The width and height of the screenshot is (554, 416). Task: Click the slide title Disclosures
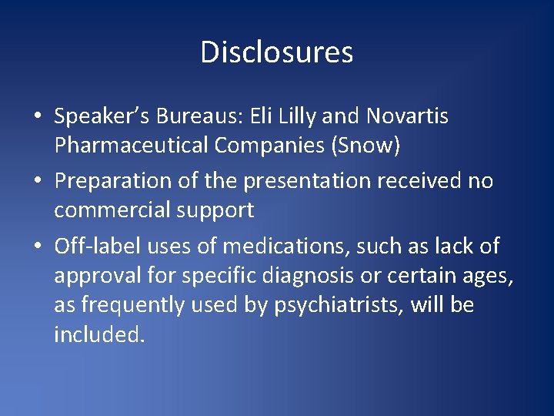[276, 52]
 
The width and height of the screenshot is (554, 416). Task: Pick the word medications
[279, 247]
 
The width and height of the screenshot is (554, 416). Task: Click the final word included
[99, 334]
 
